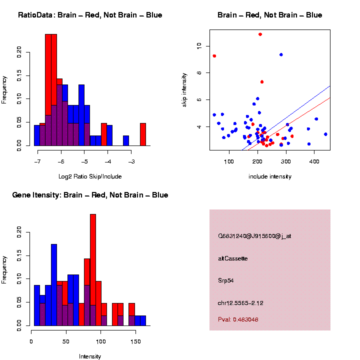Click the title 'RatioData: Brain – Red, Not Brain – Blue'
(x=90, y=15)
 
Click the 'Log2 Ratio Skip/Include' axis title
(x=89, y=176)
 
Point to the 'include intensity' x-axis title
(x=270, y=176)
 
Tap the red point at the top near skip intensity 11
(x=260, y=34)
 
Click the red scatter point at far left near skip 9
(x=214, y=56)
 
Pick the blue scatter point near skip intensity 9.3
(x=281, y=54)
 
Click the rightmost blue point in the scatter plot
(x=325, y=134)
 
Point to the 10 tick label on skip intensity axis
(x=199, y=45)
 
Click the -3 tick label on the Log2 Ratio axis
(x=131, y=162)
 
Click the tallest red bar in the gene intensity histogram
(x=93, y=270)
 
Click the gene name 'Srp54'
(x=226, y=280)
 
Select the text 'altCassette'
(x=233, y=258)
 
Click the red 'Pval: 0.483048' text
(x=238, y=319)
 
